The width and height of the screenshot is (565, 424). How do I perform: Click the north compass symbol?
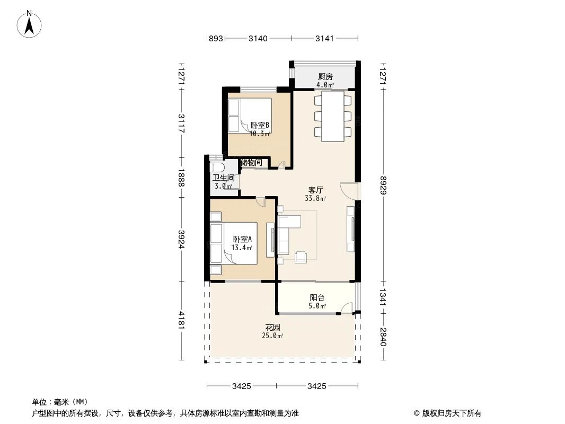(30, 24)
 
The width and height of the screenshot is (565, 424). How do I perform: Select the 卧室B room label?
(260, 126)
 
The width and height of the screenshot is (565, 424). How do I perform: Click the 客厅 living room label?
(316, 190)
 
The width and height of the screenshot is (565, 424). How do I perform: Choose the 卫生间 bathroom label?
(224, 178)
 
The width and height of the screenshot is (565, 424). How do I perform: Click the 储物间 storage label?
(251, 162)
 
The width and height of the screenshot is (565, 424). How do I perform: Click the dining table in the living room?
(333, 116)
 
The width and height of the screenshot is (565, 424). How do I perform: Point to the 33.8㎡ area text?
(315, 199)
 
